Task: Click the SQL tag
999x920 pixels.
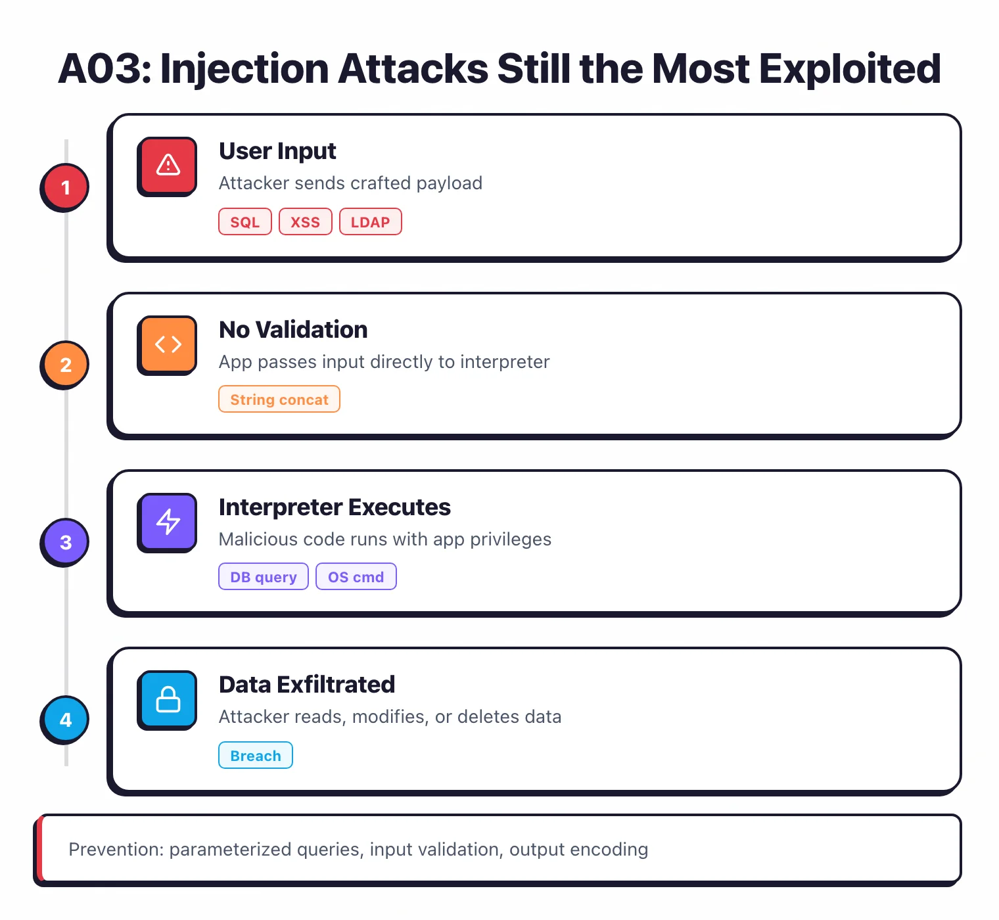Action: click(244, 222)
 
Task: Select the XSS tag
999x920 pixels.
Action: click(305, 222)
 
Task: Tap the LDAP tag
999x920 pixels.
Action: click(370, 222)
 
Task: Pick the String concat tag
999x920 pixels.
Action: click(279, 400)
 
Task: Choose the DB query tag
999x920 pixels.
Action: click(263, 577)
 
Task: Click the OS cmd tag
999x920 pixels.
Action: click(356, 577)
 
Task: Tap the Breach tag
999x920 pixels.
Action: click(255, 756)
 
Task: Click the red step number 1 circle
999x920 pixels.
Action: click(65, 187)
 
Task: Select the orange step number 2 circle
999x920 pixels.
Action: click(65, 365)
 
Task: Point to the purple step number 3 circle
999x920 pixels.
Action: click(65, 542)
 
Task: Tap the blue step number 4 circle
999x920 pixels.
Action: click(65, 720)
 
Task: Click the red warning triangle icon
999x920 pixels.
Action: click(168, 166)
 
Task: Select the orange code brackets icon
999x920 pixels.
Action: click(168, 344)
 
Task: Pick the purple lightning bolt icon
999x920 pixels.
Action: click(168, 522)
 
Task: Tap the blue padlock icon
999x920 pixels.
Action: click(168, 699)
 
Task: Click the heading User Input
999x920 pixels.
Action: click(277, 151)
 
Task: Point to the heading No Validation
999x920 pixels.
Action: click(293, 330)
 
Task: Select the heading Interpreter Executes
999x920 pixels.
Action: click(335, 507)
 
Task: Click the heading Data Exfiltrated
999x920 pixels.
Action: click(307, 685)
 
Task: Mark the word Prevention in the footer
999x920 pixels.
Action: click(116, 850)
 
